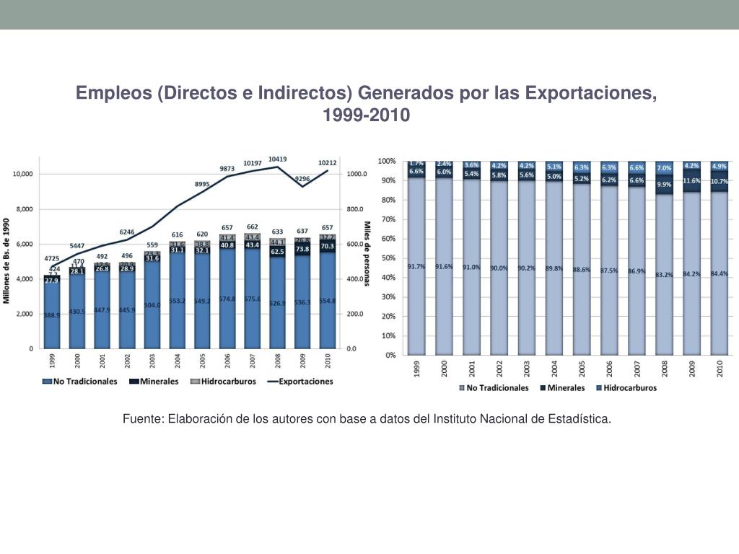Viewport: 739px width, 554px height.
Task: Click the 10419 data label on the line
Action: coord(277,159)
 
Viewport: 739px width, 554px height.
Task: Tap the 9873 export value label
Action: coord(227,168)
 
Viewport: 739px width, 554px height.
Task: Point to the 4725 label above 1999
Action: coord(52,258)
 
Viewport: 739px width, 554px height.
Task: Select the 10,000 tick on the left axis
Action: coord(22,175)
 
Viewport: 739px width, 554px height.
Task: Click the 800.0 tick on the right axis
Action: coord(357,209)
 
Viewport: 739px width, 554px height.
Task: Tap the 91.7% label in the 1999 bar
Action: coord(416,266)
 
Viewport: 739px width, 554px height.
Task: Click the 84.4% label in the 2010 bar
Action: coord(720,273)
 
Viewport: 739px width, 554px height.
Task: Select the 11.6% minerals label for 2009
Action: coord(692,180)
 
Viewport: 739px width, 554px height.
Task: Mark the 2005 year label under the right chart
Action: coord(581,369)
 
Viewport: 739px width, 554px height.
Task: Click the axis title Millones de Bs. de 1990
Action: coord(8,260)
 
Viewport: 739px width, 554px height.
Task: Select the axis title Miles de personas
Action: coord(367,253)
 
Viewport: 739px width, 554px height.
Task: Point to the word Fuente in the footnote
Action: coord(141,418)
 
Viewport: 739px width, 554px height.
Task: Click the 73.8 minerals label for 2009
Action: coord(302,249)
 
